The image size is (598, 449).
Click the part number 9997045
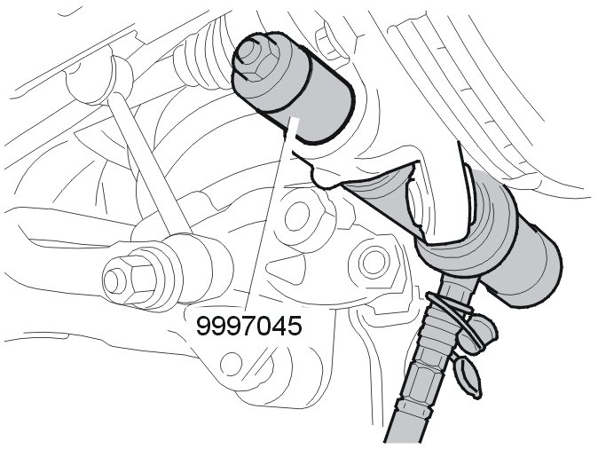point(249,327)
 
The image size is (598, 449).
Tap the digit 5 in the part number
point(295,327)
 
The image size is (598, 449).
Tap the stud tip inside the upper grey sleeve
point(248,51)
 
